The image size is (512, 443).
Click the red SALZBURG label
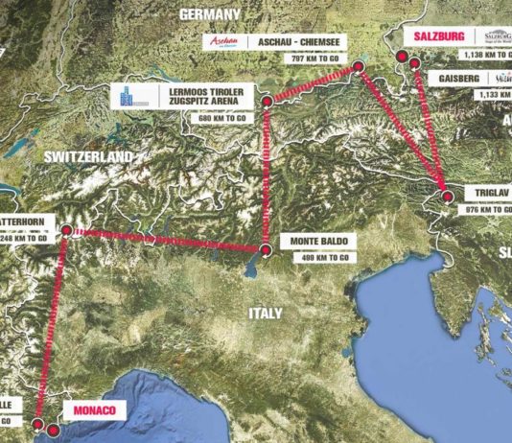[440, 36]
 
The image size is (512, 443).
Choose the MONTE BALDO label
[320, 242]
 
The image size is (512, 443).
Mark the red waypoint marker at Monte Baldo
[266, 250]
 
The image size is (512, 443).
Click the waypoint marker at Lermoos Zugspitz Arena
[266, 99]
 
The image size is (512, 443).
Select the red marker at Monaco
[38, 422]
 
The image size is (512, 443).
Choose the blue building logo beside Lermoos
[126, 97]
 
